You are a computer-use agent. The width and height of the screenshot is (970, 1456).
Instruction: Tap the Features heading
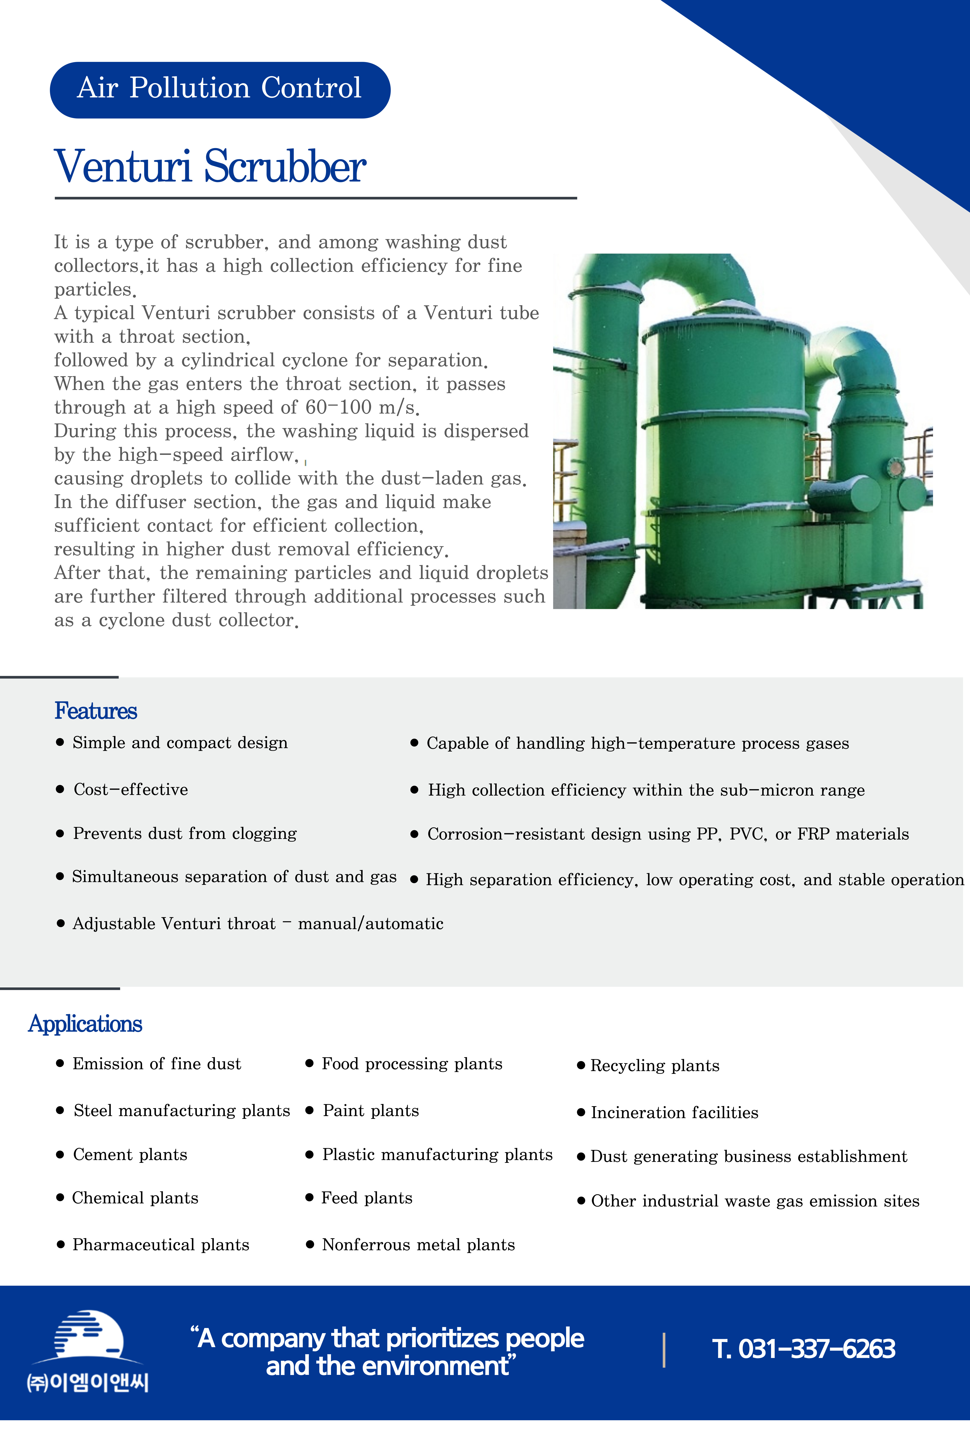[96, 711]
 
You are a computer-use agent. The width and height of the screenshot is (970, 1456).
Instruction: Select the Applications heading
[85, 1024]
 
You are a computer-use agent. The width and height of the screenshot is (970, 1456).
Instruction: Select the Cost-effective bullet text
[131, 790]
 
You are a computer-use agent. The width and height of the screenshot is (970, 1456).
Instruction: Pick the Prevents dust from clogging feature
[184, 833]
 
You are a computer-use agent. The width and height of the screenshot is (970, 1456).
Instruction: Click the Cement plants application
[130, 1155]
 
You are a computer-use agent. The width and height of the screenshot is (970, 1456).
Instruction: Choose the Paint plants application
[371, 1111]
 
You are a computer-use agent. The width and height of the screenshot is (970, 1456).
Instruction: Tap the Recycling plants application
[654, 1065]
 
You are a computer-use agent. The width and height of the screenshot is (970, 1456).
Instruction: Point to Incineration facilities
[674, 1112]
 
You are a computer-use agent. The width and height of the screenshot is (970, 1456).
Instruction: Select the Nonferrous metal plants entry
[418, 1245]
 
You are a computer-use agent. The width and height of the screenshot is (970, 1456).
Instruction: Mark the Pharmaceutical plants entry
[161, 1245]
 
